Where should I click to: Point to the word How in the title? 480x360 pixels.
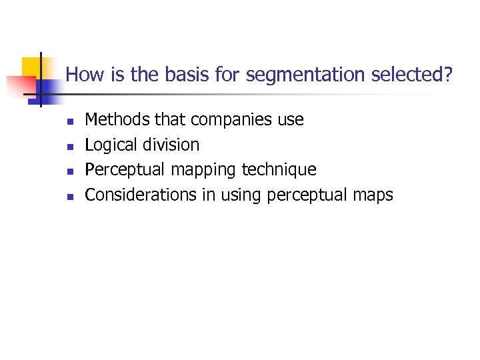pyautogui.click(x=82, y=75)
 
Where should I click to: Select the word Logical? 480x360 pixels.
pyautogui.click(x=111, y=145)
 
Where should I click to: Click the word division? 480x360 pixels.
pyautogui.click(x=171, y=145)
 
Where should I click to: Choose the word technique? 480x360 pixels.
pyautogui.click(x=279, y=170)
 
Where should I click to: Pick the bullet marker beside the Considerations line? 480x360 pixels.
pyautogui.click(x=69, y=196)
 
